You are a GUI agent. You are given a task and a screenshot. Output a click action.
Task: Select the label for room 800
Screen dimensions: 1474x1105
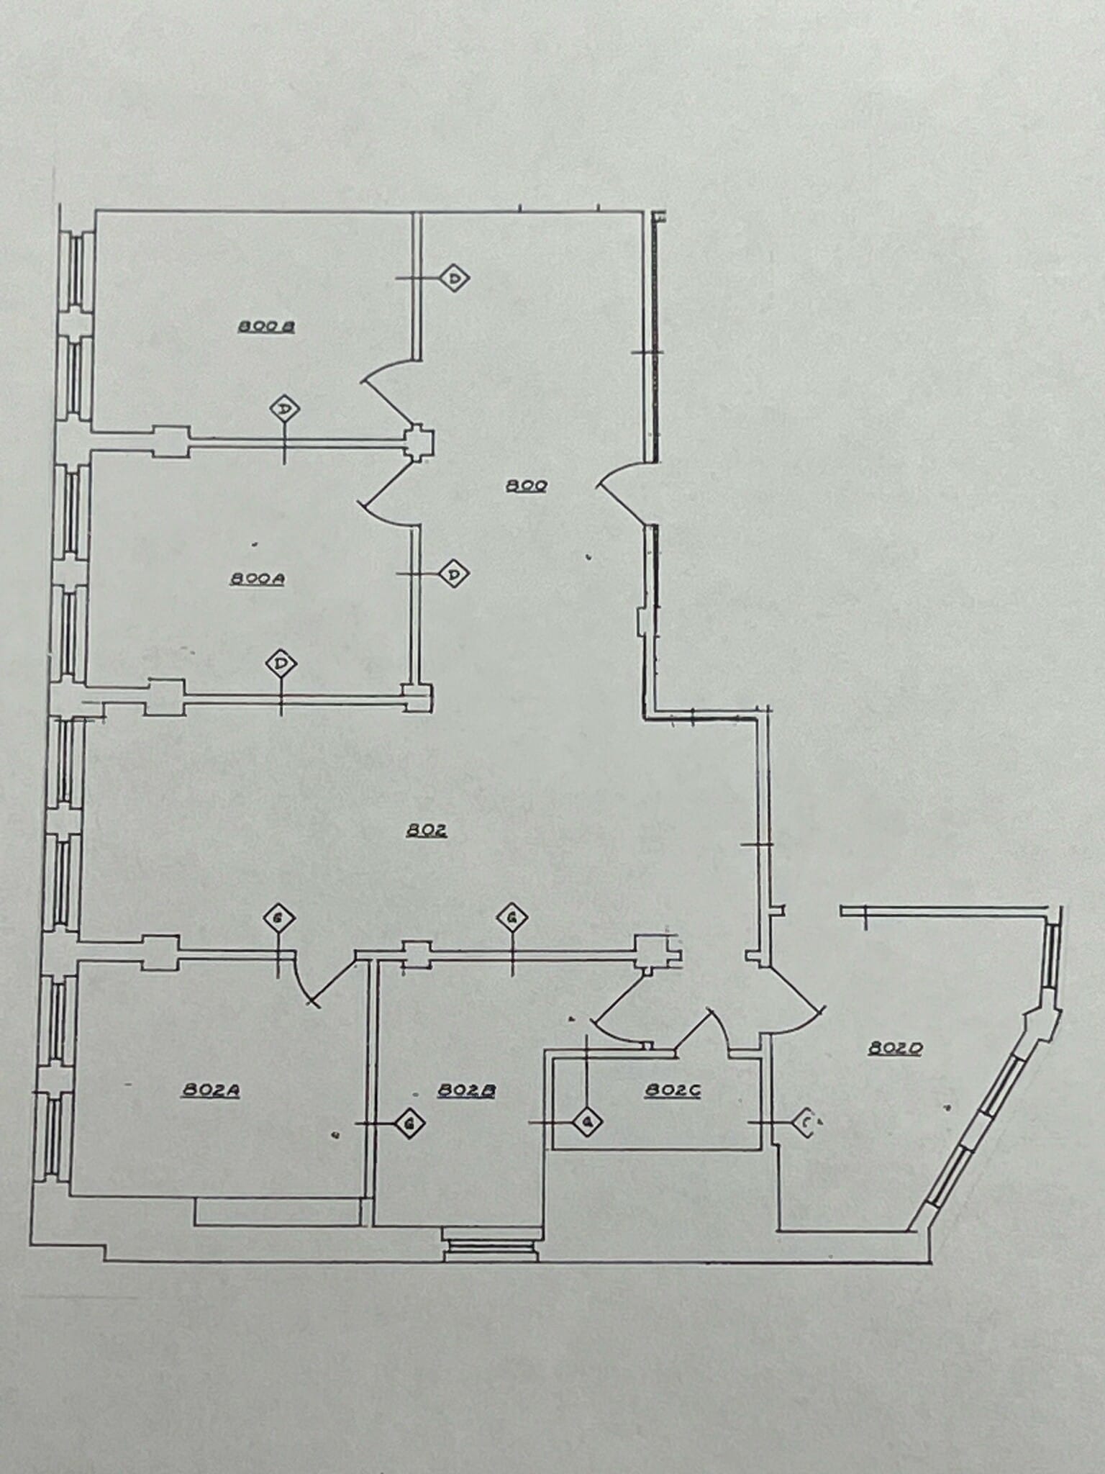point(527,486)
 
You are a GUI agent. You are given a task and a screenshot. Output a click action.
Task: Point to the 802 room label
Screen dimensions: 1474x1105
point(427,830)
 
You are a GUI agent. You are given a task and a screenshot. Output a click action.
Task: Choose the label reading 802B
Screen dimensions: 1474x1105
point(466,1090)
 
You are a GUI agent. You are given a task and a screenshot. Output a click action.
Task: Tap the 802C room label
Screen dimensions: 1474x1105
point(673,1090)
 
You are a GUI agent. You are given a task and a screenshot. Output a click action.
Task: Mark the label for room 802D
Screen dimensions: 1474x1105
point(894,1049)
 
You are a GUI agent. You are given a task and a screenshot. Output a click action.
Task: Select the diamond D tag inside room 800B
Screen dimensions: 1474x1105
point(284,410)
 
